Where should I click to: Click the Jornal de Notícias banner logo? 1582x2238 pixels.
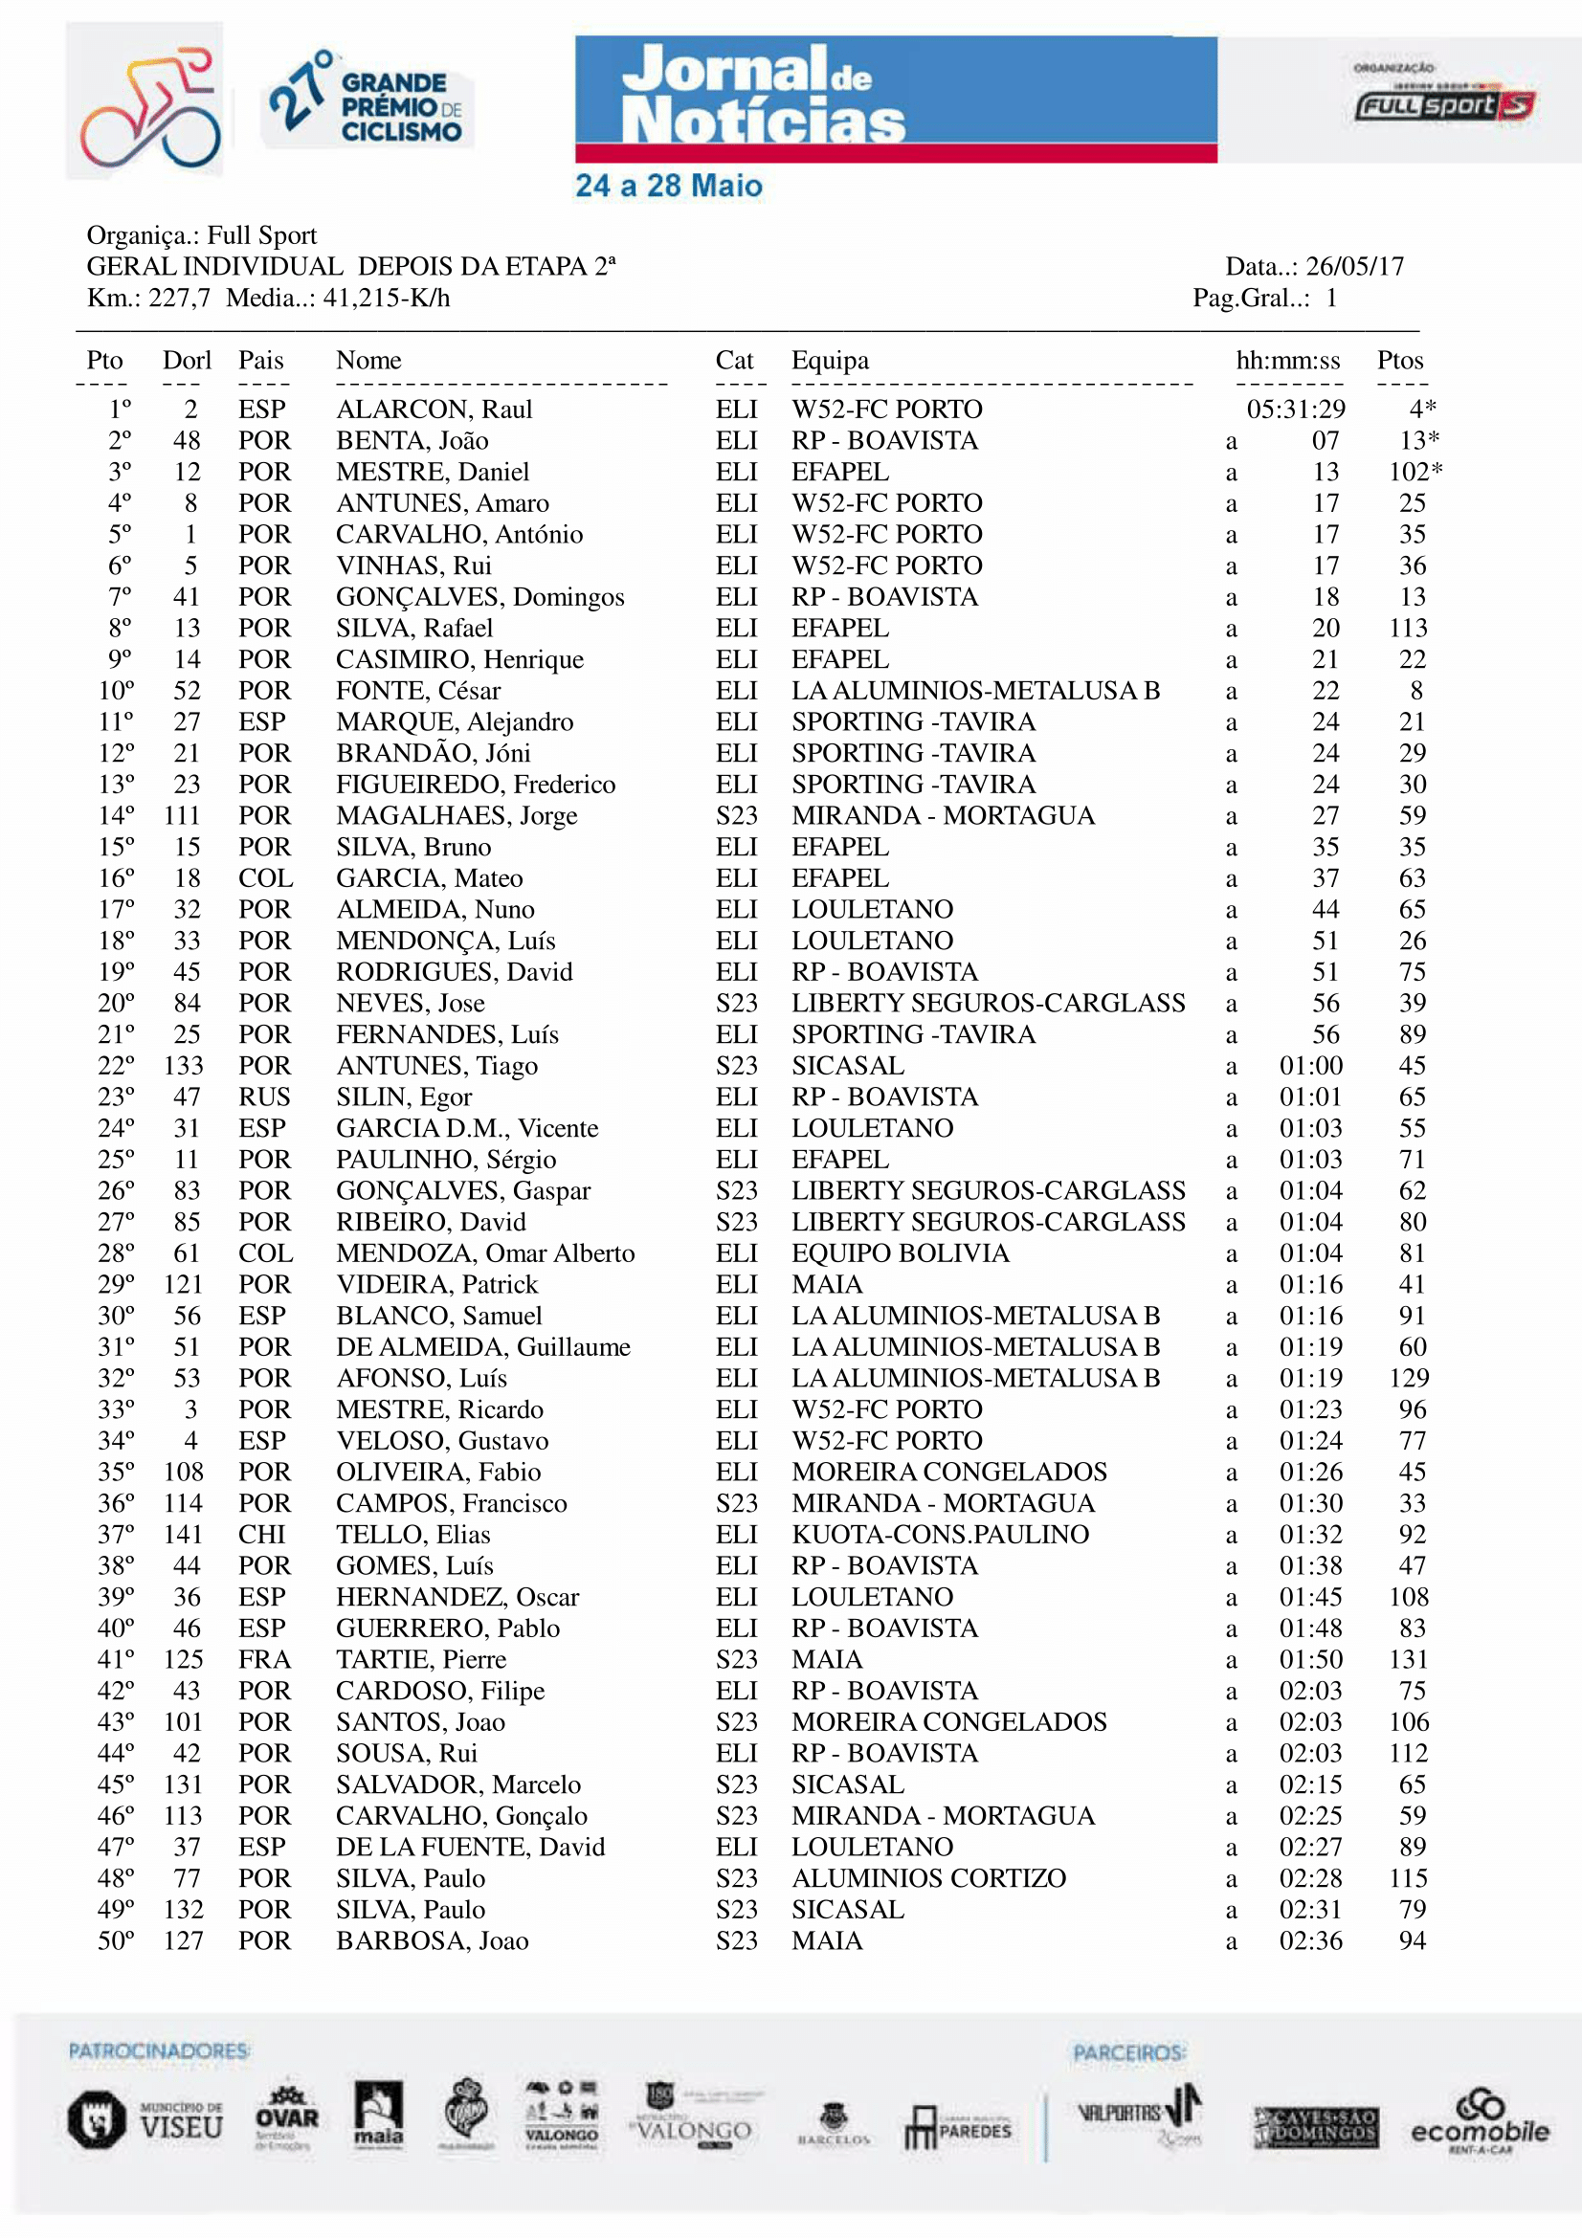pos(895,98)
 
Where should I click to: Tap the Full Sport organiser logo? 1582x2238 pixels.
pos(1443,104)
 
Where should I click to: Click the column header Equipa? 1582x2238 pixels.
pos(830,361)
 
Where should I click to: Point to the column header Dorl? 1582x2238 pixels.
pos(187,361)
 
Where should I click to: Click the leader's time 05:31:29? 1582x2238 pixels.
pos(1296,410)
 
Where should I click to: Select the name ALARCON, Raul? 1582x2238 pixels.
pos(434,410)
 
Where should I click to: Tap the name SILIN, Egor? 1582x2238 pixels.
pos(404,1097)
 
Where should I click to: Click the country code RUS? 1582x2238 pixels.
pos(264,1097)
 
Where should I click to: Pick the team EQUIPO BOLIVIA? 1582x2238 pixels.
pos(900,1252)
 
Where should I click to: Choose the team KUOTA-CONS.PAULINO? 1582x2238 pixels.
pos(940,1534)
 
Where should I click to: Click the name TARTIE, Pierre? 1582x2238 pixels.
pos(421,1659)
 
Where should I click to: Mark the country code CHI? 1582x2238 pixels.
pos(261,1534)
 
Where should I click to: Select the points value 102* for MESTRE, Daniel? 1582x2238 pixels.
pos(1415,472)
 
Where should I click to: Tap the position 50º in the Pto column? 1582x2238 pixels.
pos(116,1940)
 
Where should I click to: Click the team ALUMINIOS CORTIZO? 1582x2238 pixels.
pos(928,1878)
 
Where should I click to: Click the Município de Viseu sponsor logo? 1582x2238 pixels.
pos(145,2120)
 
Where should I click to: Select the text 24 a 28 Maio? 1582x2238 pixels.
pos(669,186)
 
